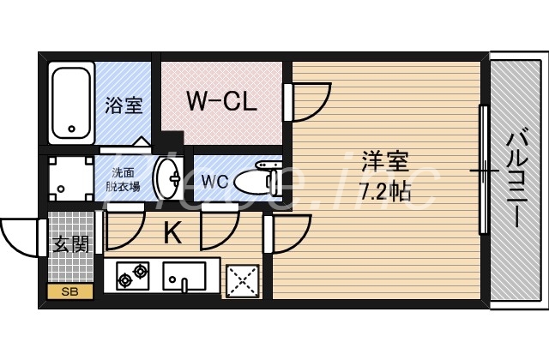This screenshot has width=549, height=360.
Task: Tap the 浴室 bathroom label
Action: [x=124, y=106]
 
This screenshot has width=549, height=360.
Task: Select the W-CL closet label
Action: [x=221, y=102]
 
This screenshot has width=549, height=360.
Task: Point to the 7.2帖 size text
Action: [x=383, y=189]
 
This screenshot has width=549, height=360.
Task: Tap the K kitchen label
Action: [x=172, y=232]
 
